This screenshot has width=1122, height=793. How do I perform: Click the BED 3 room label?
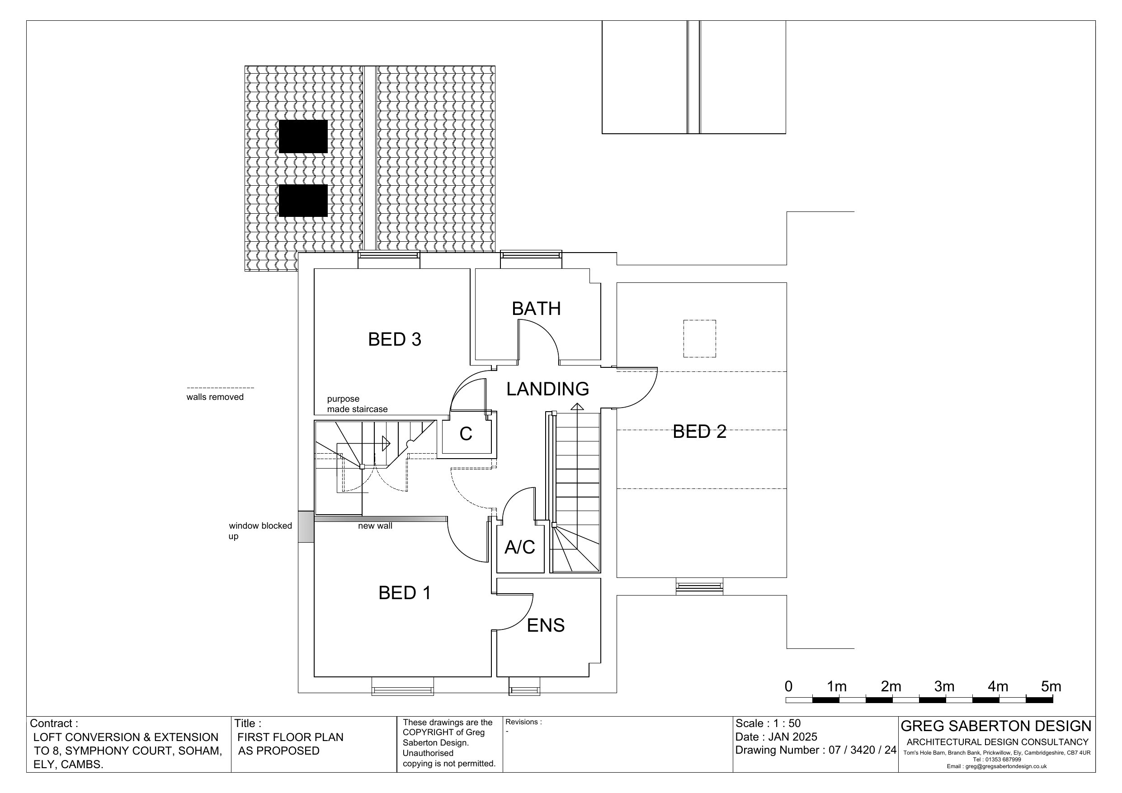(x=394, y=339)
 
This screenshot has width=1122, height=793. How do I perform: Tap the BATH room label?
(x=536, y=309)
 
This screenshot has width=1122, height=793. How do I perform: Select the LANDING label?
(x=547, y=389)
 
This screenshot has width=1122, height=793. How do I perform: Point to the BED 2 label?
(x=699, y=432)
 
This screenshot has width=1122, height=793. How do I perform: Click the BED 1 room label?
(x=405, y=593)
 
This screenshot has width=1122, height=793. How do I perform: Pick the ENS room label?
(x=545, y=625)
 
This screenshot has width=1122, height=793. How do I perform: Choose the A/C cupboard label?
(x=519, y=547)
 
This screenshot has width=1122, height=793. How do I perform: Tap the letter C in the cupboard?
(x=466, y=434)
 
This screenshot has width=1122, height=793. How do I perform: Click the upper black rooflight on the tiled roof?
(x=303, y=136)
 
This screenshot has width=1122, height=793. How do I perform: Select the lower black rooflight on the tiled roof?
(x=303, y=200)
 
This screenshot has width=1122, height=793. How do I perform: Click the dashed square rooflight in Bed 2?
(x=699, y=338)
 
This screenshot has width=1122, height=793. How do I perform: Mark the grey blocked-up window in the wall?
(x=306, y=527)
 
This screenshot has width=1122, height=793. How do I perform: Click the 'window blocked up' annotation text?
(x=260, y=531)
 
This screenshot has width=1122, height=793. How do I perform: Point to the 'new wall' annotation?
(x=375, y=526)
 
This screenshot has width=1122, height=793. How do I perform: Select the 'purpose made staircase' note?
(x=357, y=404)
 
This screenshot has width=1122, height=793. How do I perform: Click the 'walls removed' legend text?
(x=215, y=397)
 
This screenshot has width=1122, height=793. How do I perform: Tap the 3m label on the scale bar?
(x=944, y=686)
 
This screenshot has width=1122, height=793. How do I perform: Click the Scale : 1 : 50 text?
(x=768, y=723)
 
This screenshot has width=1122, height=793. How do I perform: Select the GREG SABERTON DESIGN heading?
(x=996, y=726)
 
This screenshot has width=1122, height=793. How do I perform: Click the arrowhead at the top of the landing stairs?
(x=577, y=407)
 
